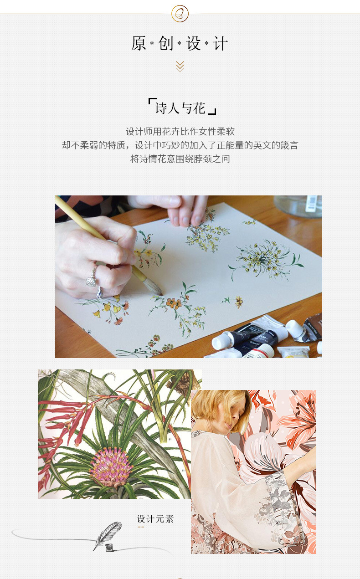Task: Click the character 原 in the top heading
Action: [139, 44]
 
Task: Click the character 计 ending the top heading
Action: [221, 44]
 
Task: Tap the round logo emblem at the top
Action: [180, 13]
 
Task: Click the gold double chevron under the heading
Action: [180, 67]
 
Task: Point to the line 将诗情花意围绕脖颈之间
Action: [180, 159]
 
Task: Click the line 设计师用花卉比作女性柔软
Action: [180, 132]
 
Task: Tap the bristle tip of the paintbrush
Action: [156, 288]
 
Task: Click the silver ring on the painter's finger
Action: [92, 278]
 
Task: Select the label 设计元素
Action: [155, 519]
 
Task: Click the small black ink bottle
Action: [109, 547]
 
